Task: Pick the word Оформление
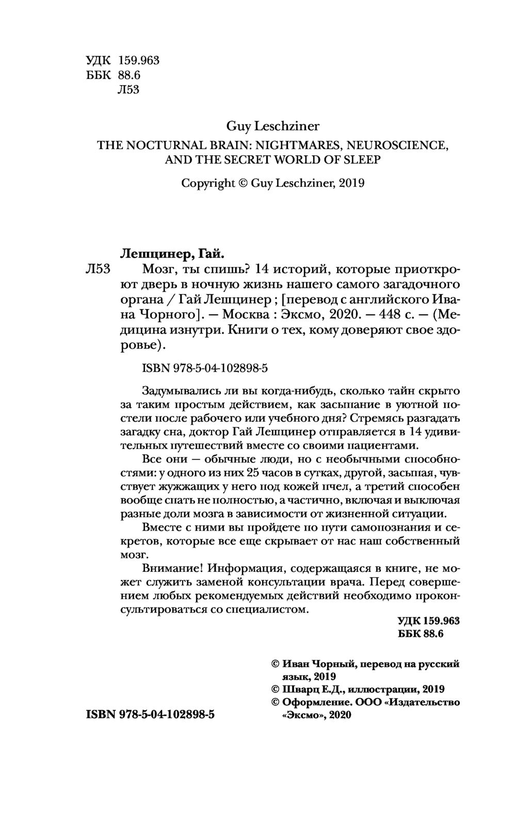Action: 317,702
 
